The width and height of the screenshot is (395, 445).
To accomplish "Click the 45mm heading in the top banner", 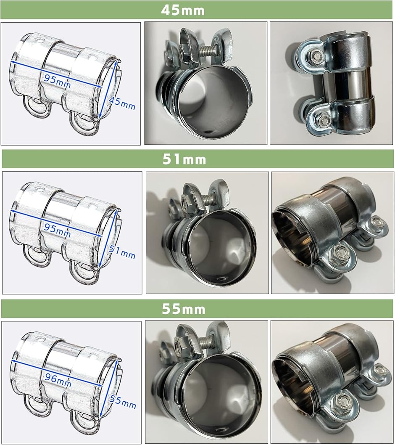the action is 183,10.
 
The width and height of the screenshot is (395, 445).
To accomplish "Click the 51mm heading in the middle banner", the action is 184,159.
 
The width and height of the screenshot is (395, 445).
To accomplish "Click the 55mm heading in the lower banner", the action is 184,309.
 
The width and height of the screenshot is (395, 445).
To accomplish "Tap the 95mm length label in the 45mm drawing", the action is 57,82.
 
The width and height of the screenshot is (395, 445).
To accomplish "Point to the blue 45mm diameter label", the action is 122,103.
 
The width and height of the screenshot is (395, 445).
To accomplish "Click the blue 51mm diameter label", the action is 122,252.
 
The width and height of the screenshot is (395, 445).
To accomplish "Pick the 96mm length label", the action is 58,380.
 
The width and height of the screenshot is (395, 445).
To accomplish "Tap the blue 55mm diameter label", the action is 123,402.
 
